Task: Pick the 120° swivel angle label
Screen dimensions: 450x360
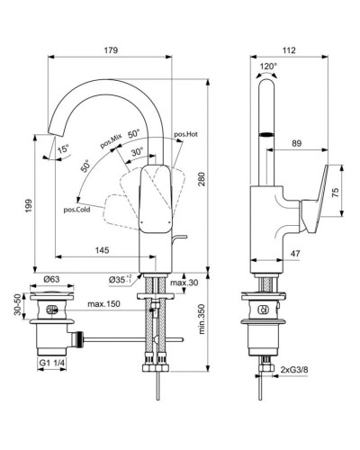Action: coord(268,66)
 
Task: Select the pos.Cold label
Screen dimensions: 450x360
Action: coord(76,210)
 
